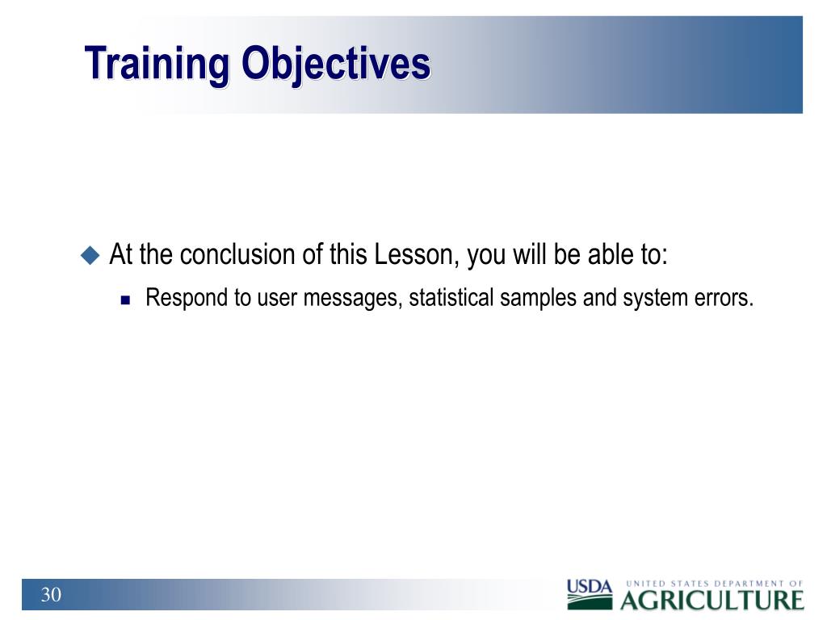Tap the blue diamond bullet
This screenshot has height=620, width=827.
tap(90, 256)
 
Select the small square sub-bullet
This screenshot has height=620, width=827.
tap(125, 300)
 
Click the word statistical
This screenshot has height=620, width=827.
tap(451, 298)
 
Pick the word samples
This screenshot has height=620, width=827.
tap(538, 299)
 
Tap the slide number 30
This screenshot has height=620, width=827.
tap(51, 595)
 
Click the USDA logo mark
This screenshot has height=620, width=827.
tap(590, 593)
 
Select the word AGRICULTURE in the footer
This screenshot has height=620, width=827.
tap(712, 601)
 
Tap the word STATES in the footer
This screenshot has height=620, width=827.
tap(690, 584)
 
